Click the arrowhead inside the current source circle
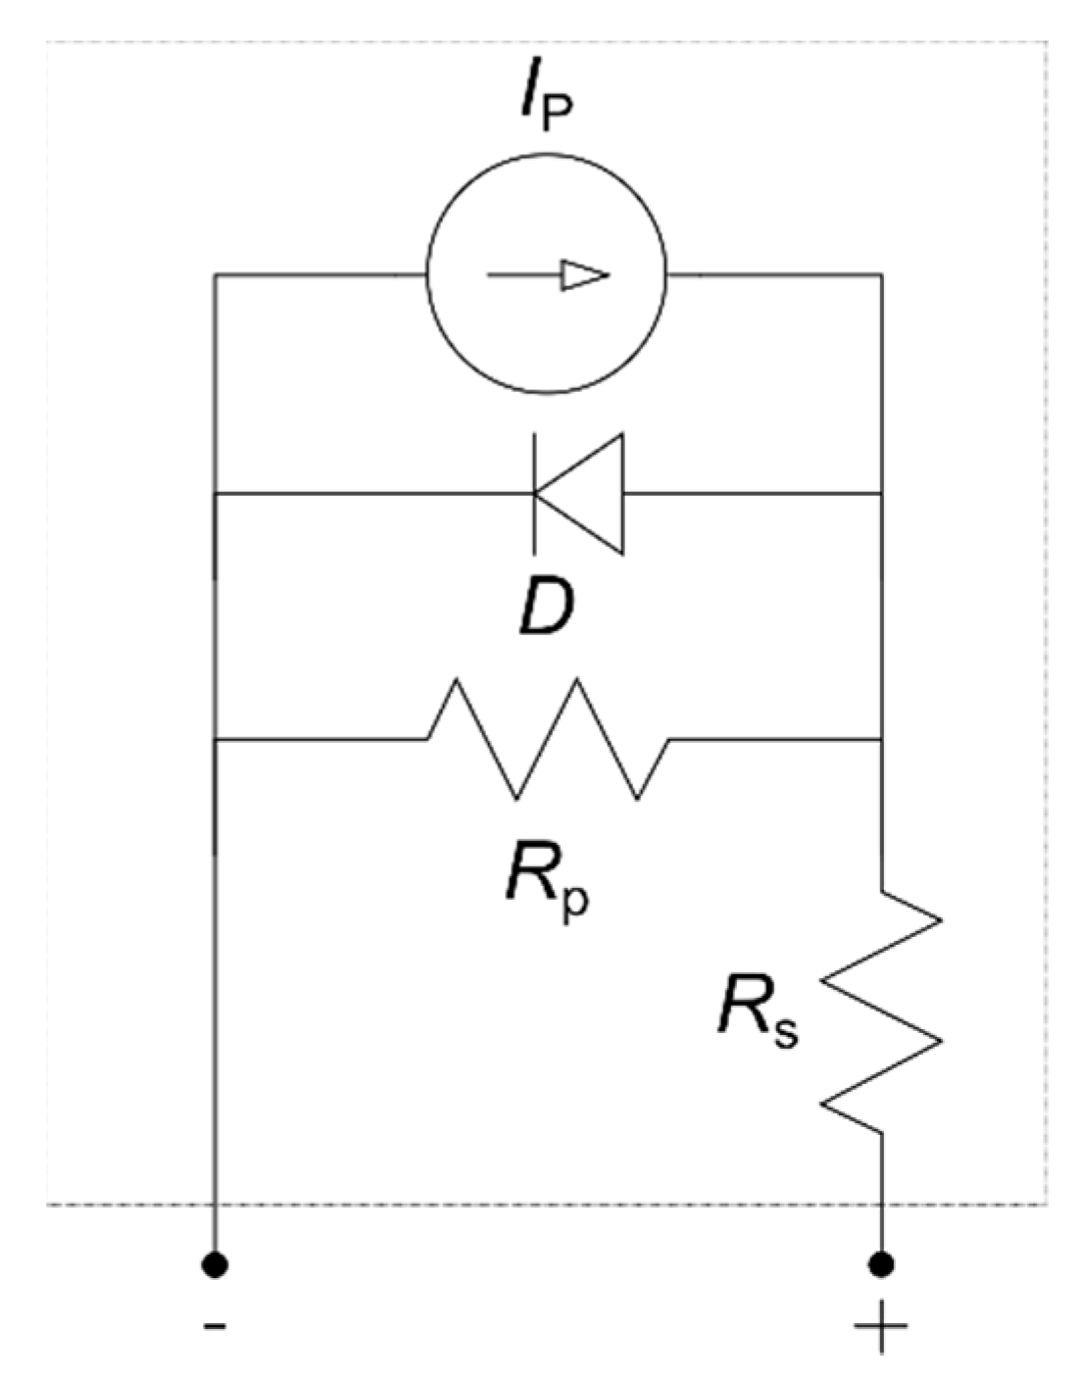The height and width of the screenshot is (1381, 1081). coord(585,276)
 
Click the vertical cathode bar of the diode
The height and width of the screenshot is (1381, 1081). coord(534,494)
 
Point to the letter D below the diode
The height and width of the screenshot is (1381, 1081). coord(546,609)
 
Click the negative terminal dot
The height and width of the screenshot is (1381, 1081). coord(215,1264)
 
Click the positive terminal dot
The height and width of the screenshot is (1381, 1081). coord(881,1264)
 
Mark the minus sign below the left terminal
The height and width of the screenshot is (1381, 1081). coord(215,1326)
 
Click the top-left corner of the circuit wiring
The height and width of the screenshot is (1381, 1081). coord(216,276)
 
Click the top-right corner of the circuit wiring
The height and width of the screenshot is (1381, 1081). coord(881,276)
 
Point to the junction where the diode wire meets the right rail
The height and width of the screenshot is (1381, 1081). coord(881,494)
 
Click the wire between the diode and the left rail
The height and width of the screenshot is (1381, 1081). coord(372,494)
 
